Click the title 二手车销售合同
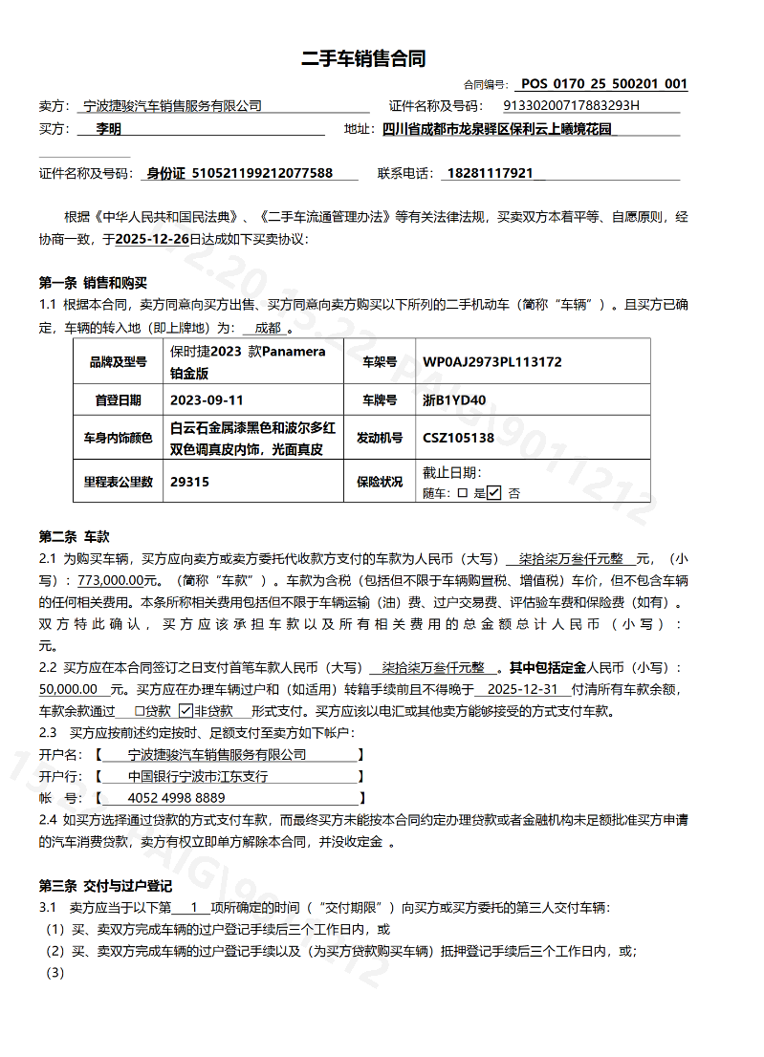tap(363, 59)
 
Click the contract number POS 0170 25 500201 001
tap(604, 84)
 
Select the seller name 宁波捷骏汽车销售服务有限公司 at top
tap(172, 106)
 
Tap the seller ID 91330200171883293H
tap(571, 106)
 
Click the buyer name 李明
tap(109, 129)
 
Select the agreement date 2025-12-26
tap(151, 239)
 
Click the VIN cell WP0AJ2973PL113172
tap(492, 362)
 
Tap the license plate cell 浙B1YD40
tap(454, 400)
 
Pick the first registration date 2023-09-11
tap(207, 400)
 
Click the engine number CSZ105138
tap(459, 438)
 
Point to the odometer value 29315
tap(189, 482)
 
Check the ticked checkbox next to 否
tap(494, 493)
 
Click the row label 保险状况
tap(380, 482)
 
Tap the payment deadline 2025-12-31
tap(522, 689)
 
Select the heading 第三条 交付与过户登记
tap(105, 884)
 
